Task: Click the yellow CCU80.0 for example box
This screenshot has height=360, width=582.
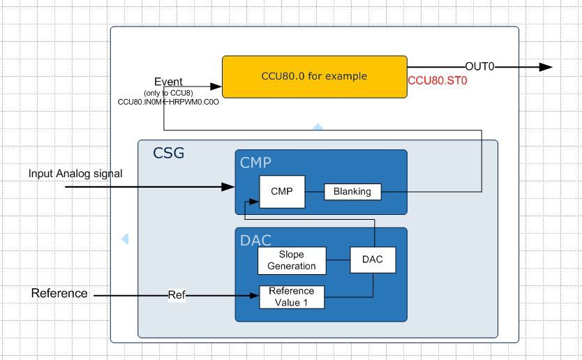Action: point(314,77)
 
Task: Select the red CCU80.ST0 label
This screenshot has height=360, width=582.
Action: point(437,80)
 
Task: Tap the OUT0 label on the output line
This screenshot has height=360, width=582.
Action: point(479,67)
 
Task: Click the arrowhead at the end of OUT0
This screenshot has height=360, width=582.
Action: point(546,67)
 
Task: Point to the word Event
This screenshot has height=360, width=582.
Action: point(168,82)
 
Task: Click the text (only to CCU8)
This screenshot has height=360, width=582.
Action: point(168,93)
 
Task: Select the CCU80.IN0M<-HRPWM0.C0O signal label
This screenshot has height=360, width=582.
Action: point(168,102)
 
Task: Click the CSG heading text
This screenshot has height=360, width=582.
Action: point(169,153)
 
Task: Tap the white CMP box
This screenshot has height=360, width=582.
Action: point(282,191)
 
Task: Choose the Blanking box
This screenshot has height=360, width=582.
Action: point(352,191)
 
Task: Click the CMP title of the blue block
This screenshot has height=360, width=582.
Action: point(255,163)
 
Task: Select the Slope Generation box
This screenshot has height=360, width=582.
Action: point(291,260)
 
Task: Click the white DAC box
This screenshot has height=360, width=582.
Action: point(372,260)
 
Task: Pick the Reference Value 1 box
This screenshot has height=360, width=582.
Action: point(291,297)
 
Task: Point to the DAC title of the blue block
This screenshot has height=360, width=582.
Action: point(255,241)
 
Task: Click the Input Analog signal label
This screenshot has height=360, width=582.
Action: point(75,173)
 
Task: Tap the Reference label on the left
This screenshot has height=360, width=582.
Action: point(59,294)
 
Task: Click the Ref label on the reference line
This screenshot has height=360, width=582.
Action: point(177,295)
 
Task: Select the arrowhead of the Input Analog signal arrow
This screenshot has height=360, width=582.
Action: point(227,187)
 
